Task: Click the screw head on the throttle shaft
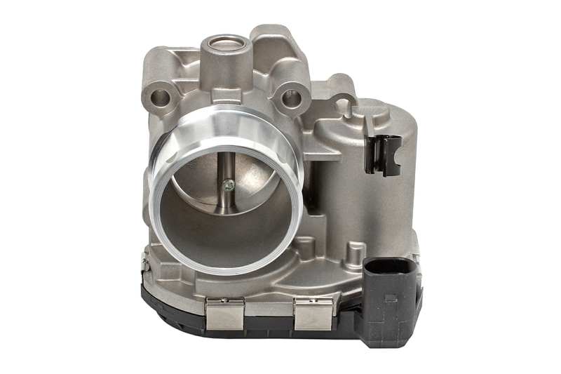[227, 185]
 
